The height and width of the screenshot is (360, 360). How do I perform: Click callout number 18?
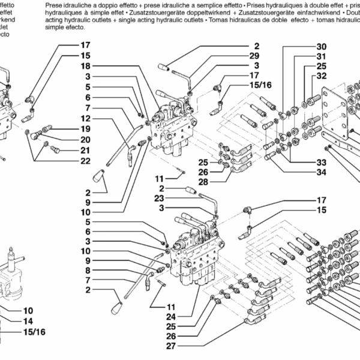pyautogui.click(x=85, y=66)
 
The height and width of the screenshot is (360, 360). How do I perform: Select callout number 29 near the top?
pyautogui.click(x=256, y=55)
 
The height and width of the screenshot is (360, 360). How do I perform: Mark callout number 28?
pyautogui.click(x=203, y=182)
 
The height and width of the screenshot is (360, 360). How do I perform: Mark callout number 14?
pyautogui.click(x=28, y=321)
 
